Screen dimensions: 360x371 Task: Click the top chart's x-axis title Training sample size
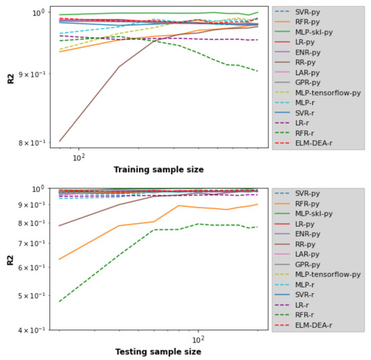point(159,169)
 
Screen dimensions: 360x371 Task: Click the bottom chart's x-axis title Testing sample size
point(159,351)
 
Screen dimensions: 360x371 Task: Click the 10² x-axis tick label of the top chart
point(78,157)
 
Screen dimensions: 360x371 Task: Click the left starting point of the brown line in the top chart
point(60,141)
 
